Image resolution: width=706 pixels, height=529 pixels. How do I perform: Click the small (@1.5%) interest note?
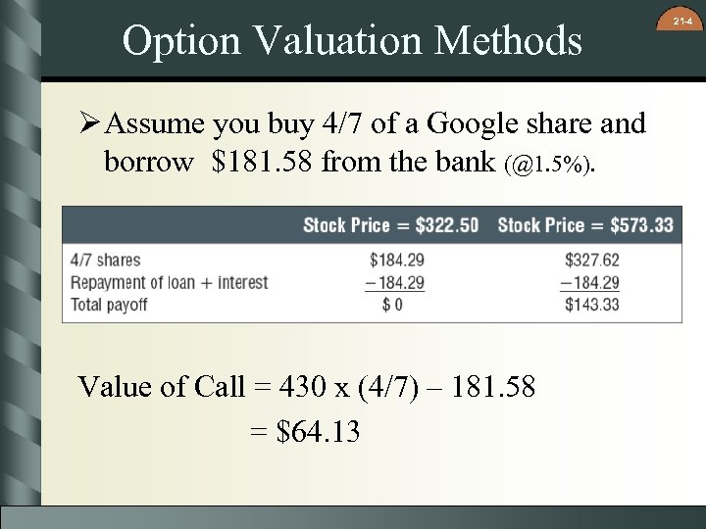[x=550, y=165]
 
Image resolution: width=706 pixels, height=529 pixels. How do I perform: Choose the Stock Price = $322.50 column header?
[x=390, y=225]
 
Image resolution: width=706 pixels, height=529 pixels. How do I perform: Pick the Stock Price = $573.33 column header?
[x=585, y=225]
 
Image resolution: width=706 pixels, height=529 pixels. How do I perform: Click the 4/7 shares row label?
[x=106, y=261]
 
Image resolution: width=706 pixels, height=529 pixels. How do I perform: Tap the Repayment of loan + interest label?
[x=169, y=282]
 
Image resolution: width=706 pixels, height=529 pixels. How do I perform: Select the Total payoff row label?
[x=109, y=304]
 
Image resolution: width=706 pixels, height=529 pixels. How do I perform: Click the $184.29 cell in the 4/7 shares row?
[x=397, y=261]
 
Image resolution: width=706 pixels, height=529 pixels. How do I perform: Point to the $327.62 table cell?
[x=592, y=261]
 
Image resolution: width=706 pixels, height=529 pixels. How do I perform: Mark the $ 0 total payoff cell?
[x=392, y=305]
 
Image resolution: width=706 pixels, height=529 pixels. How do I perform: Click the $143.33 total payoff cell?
[x=592, y=305]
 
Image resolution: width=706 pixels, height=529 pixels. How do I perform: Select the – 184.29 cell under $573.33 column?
[x=589, y=282]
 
